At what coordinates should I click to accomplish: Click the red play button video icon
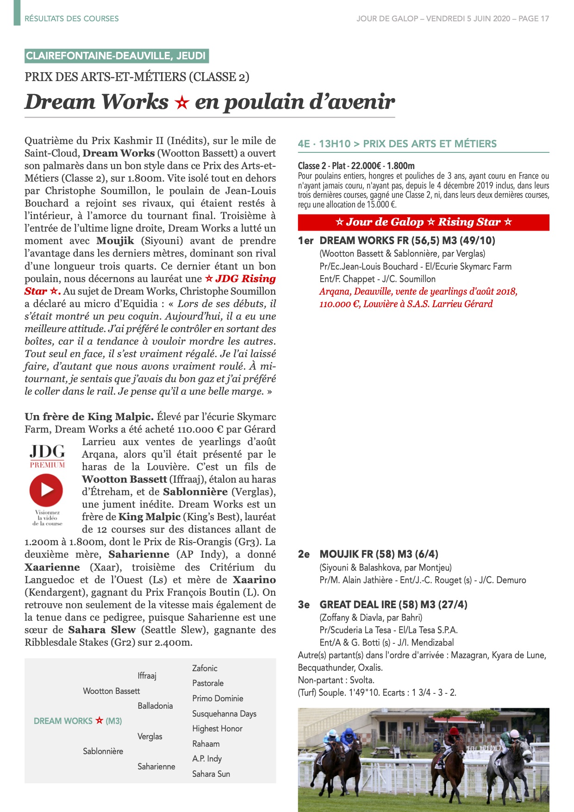[x=46, y=489]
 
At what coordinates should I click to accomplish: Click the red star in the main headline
[x=181, y=102]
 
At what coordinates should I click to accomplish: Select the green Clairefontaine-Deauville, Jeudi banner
[x=116, y=56]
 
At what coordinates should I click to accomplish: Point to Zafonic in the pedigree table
[x=205, y=668]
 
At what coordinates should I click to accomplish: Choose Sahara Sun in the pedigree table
[x=211, y=774]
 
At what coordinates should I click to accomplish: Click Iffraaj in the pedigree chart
[x=147, y=675]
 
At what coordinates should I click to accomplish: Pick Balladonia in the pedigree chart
[x=155, y=705]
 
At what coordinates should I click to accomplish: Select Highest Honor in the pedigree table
[x=217, y=728]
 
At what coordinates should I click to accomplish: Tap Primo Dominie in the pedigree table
[x=218, y=698]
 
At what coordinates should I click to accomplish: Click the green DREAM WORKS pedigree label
[x=78, y=721]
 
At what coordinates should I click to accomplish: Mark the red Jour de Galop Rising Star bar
[x=424, y=222]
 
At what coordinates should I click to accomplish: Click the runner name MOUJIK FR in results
[x=346, y=554]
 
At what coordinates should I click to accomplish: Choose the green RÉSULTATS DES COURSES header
[x=72, y=19]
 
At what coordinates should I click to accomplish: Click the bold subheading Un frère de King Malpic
[x=89, y=416]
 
